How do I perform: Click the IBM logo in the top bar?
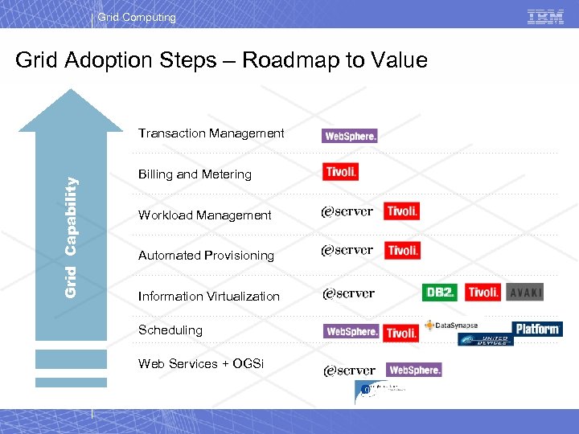point(545,17)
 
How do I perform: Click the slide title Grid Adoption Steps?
point(221,60)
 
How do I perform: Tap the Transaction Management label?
point(211,133)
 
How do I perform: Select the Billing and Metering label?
point(195,174)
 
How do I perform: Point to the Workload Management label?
point(204,215)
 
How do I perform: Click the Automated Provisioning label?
point(206,256)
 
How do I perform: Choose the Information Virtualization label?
point(208,297)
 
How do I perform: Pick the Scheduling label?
point(170,330)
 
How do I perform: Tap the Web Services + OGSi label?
point(200,364)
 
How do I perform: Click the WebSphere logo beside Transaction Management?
point(350,136)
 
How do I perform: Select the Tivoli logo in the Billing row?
point(341,172)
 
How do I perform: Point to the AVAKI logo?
point(526,293)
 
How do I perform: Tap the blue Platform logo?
point(537,329)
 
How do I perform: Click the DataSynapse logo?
point(452,325)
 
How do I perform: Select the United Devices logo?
point(485,340)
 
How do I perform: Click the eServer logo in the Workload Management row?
point(347,211)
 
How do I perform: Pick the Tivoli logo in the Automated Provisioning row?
point(402,251)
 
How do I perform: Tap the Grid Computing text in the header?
point(137,17)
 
